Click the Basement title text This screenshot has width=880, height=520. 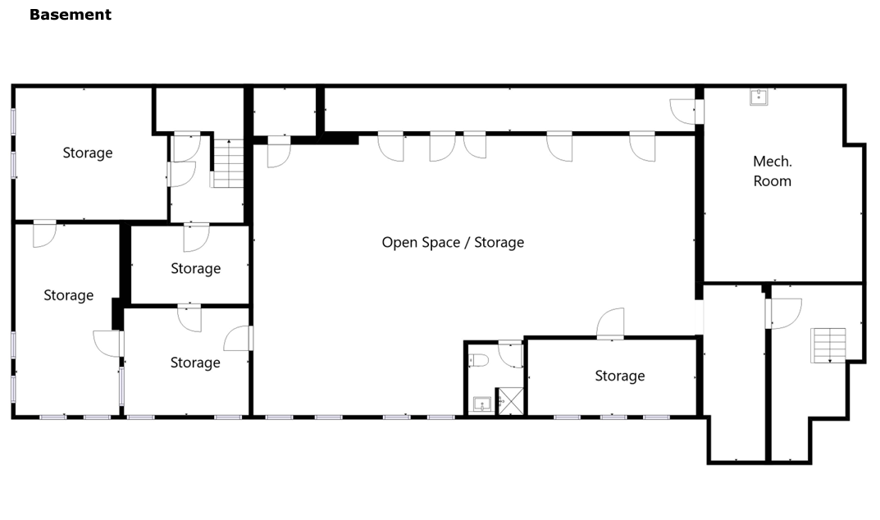71,15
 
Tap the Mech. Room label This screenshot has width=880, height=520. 773,171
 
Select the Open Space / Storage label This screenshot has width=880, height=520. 453,242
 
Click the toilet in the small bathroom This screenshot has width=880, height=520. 479,360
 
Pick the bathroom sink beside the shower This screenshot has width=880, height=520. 482,404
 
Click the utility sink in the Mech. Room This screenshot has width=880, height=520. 759,97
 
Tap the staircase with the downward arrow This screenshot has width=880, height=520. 828,345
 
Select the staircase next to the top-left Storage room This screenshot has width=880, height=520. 227,163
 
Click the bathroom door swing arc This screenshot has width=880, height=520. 510,354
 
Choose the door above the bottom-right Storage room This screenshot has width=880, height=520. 610,323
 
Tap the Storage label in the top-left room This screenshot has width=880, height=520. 88,153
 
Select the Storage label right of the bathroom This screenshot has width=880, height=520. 619,376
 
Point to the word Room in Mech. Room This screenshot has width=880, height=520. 773,180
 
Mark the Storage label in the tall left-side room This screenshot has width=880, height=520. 68,295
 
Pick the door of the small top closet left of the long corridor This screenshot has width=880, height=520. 279,152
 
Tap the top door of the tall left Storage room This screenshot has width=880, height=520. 45,234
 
